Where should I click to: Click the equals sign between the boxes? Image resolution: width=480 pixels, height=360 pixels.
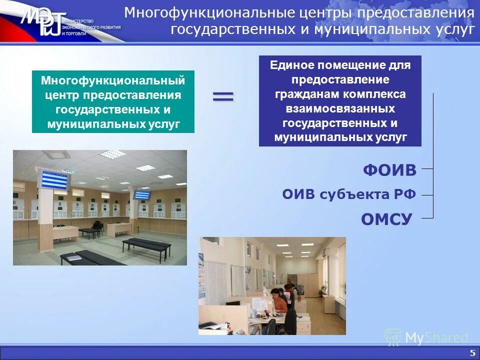(x=223, y=96)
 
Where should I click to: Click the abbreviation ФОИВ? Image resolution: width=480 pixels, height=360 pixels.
(x=389, y=170)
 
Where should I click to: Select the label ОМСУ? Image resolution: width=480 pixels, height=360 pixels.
(x=386, y=218)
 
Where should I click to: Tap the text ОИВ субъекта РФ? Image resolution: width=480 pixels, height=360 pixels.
(x=349, y=194)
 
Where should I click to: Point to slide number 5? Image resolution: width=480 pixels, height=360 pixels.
(x=472, y=353)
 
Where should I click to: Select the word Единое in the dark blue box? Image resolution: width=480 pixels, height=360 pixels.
(x=292, y=65)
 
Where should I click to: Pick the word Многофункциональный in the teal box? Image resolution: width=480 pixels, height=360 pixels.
(x=113, y=80)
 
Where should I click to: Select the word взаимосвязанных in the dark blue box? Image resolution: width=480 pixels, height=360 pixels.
(x=340, y=108)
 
